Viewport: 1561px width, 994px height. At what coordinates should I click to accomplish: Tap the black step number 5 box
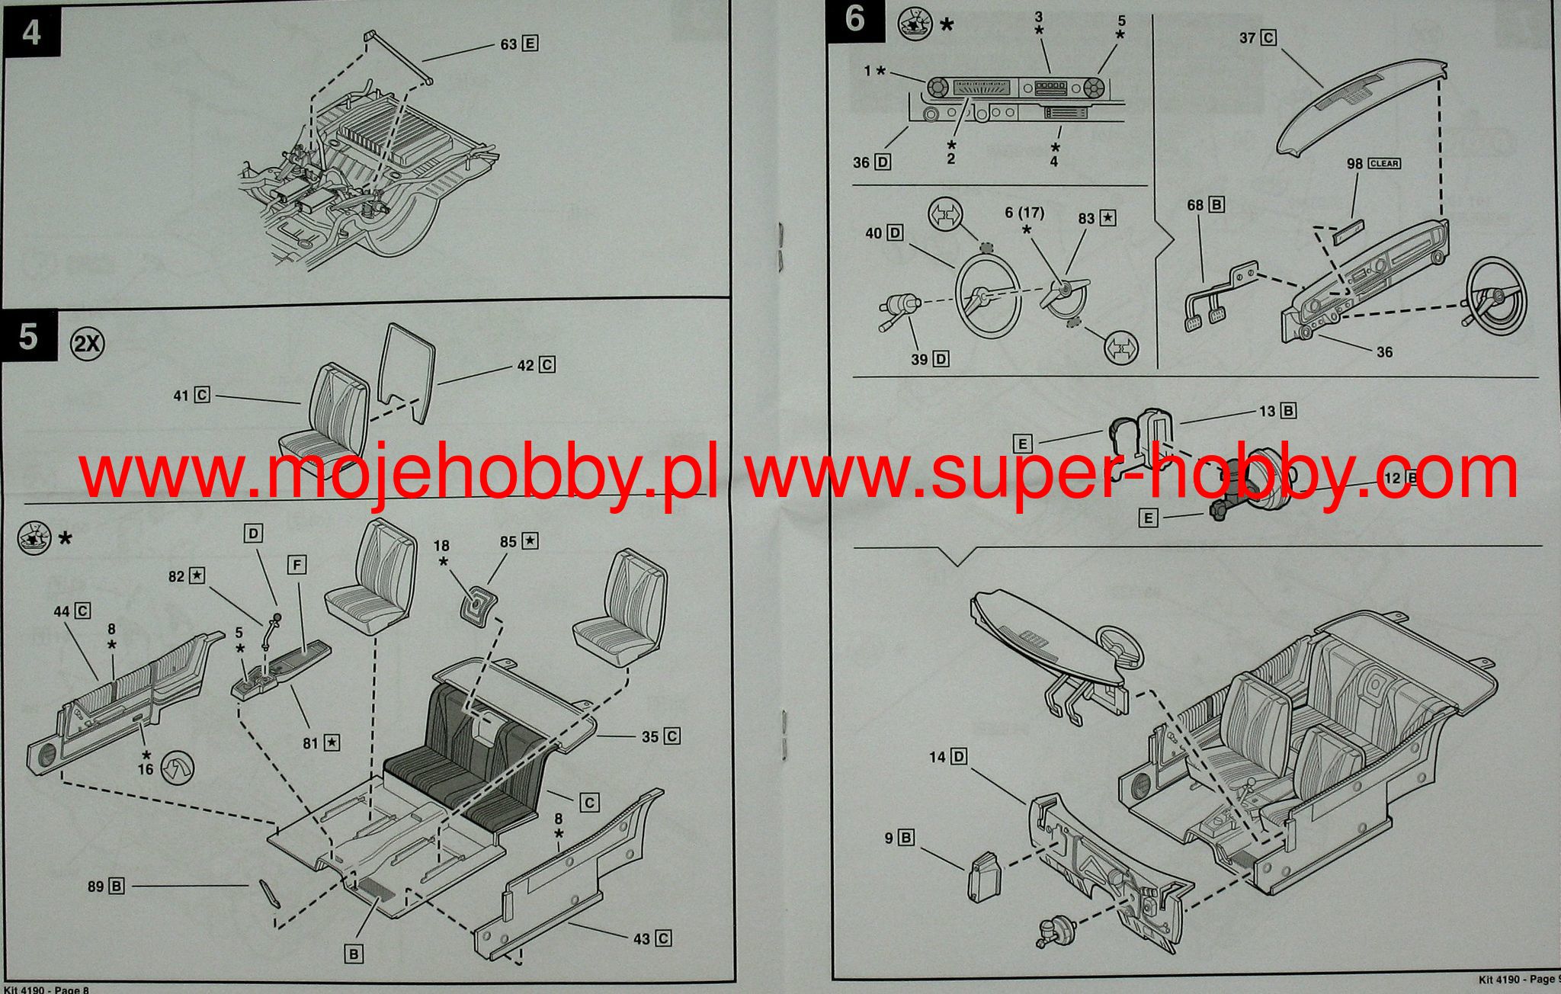(28, 335)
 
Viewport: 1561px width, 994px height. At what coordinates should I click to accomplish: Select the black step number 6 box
(855, 20)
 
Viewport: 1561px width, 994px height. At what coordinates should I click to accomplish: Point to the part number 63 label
(509, 44)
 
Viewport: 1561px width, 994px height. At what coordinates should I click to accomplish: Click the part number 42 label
(526, 365)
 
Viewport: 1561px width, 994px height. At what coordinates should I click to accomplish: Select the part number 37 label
(1247, 37)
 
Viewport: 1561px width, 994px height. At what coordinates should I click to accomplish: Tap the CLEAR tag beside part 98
(1384, 163)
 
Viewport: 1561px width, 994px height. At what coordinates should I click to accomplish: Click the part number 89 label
(96, 887)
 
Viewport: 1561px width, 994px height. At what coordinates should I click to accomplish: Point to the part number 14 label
(938, 757)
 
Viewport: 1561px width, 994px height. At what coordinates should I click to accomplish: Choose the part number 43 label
(643, 938)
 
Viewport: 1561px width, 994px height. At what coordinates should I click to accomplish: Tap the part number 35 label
(650, 736)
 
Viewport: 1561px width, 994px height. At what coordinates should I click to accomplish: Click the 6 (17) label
(1024, 213)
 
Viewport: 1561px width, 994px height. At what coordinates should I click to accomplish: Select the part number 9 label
(889, 838)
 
